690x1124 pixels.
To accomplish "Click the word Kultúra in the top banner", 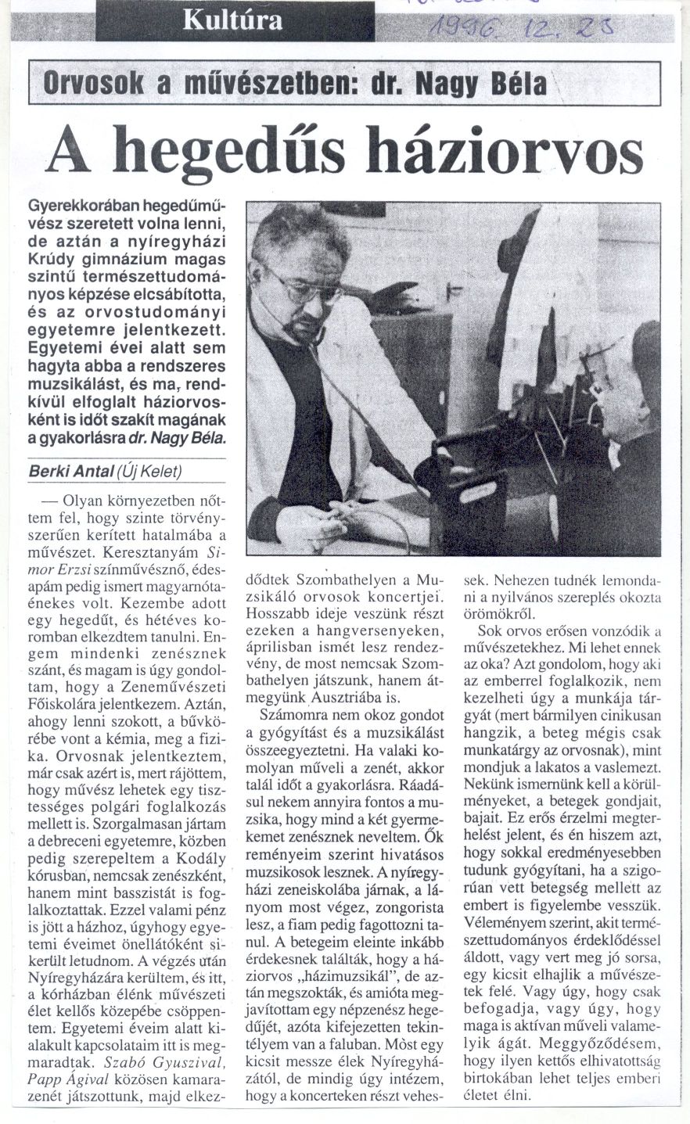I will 232,20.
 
